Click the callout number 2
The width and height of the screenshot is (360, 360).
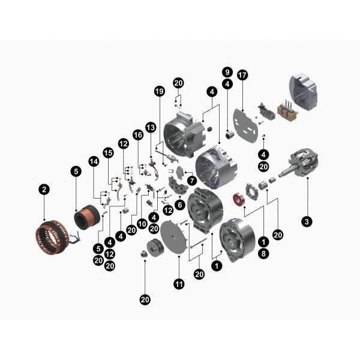[44, 190]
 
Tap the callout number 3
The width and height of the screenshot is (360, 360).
[307, 221]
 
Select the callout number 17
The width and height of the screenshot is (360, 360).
[242, 75]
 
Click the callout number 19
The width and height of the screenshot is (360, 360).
[160, 91]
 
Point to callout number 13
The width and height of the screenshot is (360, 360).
[151, 127]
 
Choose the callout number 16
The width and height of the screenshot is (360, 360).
[138, 135]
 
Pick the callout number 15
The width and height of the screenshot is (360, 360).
[109, 152]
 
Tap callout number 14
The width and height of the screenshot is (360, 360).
[94, 161]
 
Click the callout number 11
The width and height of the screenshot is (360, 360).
[179, 284]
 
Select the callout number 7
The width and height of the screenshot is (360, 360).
[192, 181]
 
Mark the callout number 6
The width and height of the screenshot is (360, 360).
[179, 205]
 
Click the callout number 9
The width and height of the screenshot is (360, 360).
[227, 72]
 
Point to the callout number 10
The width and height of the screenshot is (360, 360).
[142, 224]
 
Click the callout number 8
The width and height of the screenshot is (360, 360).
[263, 253]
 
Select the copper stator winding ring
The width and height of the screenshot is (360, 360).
[52, 238]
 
